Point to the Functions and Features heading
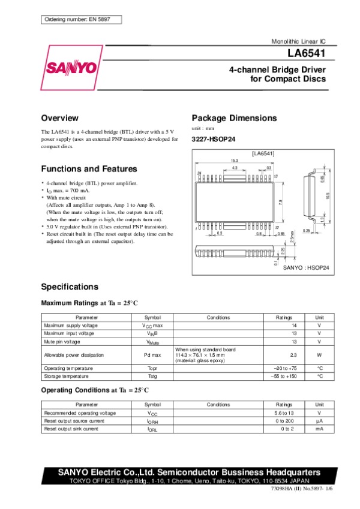[x=89, y=169]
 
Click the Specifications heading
[x=69, y=287]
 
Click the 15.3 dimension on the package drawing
[x=235, y=161]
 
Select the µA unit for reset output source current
[x=320, y=421]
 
